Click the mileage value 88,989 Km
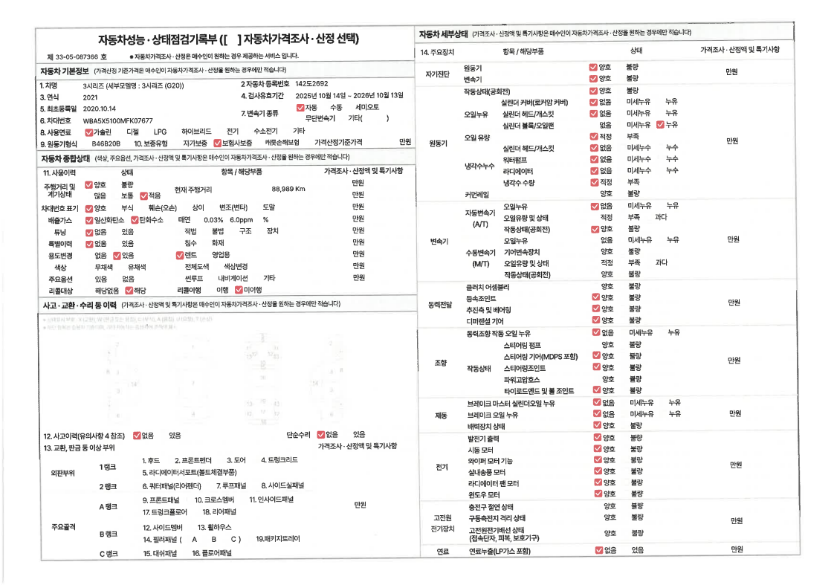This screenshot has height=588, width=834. point(289,189)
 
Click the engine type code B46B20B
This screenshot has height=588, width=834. point(106,142)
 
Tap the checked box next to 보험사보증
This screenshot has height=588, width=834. point(217,142)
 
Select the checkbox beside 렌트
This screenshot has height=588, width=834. point(180,254)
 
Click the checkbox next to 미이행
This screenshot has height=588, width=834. point(238,290)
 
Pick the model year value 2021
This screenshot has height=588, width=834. point(91,97)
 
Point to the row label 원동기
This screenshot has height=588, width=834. point(439,142)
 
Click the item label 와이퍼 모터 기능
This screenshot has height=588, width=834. point(490,461)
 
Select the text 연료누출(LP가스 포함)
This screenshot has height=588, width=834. point(499,551)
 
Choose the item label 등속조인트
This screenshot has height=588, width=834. point(483,297)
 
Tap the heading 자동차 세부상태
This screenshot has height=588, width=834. point(443,33)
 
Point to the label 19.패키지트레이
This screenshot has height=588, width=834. point(278,538)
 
